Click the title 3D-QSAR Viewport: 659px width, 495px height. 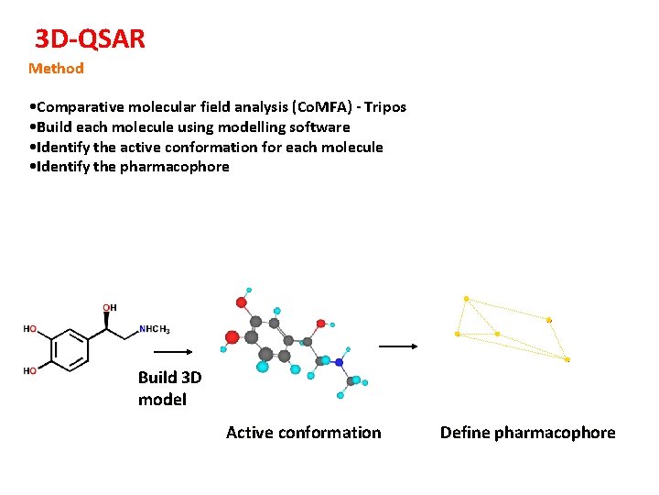90,38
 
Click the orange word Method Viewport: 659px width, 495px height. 56,69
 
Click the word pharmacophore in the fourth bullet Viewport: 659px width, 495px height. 175,167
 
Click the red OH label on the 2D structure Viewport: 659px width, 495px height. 109,307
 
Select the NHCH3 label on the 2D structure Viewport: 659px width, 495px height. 154,329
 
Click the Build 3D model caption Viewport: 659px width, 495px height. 168,389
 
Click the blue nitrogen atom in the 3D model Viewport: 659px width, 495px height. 339,363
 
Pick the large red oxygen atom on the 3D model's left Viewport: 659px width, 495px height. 232,337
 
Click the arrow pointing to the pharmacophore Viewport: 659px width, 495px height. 398,346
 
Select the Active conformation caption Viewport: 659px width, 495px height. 303,433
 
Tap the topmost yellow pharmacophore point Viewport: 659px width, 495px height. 466,299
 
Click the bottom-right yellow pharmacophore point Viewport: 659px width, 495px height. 567,359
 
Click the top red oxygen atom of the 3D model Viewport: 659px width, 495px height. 242,301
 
